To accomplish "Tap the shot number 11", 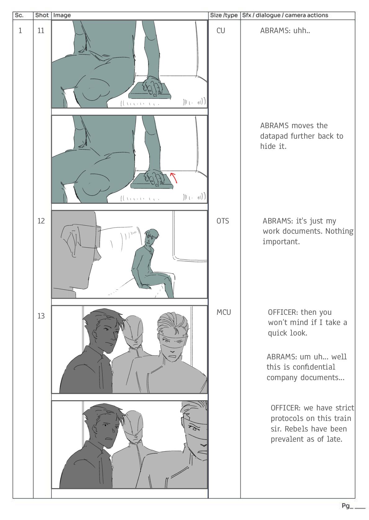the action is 41,31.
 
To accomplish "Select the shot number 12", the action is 41,221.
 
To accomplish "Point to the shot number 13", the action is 41,316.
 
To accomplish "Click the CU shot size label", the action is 221,31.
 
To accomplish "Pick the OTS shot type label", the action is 223,221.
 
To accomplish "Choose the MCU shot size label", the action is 224,312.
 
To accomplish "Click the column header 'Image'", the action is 62,15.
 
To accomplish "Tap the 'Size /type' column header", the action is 224,15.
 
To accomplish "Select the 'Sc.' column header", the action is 19,15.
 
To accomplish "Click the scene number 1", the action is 20,31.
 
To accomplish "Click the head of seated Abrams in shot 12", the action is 151,237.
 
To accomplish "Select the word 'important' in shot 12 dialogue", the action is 281,242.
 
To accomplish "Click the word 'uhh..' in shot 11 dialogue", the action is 302,31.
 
